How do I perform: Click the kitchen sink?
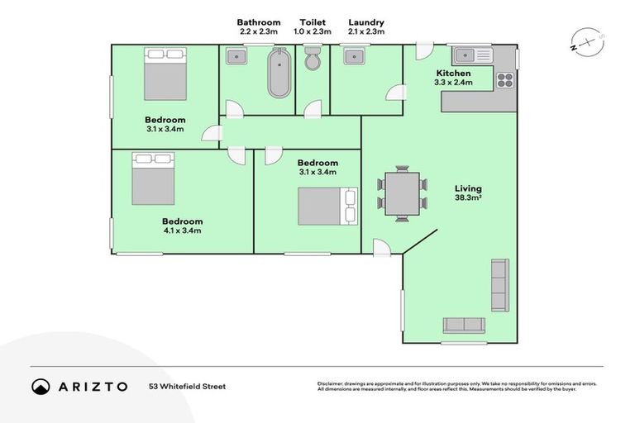coord(472,55)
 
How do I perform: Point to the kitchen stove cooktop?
coord(504,80)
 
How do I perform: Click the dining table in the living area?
coord(403,195)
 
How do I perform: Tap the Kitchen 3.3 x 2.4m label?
coord(454,78)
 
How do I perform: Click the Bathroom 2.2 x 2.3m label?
coord(258,26)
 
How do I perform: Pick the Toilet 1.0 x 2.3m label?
coord(313,26)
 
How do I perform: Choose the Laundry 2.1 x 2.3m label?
coord(366,26)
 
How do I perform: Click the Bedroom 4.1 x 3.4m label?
coord(182,226)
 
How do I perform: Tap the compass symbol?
coord(588,42)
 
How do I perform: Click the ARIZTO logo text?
coord(91,386)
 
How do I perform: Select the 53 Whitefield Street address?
coord(187,386)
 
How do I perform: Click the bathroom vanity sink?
coord(236,56)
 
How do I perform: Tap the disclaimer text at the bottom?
coord(456,386)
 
